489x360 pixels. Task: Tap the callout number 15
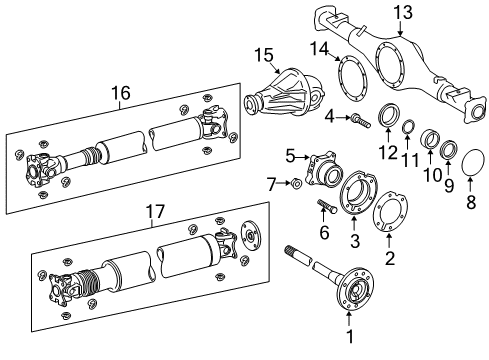tap(263, 53)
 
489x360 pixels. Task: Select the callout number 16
tap(120, 94)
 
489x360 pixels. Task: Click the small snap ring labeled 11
tap(409, 127)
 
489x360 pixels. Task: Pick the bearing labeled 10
tap(430, 139)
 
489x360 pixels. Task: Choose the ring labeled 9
tap(450, 152)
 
